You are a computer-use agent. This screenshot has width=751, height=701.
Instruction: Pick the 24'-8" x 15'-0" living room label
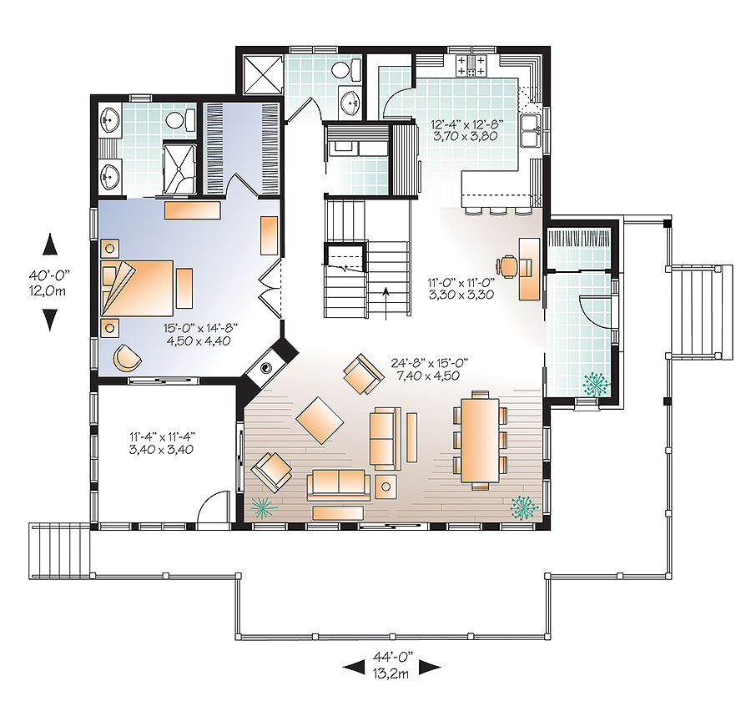430,369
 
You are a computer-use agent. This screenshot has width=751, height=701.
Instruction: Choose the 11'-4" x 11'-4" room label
162,442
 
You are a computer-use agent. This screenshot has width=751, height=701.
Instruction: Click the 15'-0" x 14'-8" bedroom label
198,334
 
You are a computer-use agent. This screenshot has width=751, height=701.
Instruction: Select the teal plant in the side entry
595,383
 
